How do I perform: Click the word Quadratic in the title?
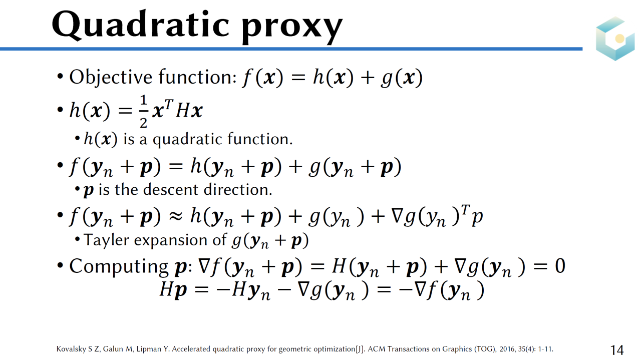[141, 25]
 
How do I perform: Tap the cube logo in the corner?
[615, 39]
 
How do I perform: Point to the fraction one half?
[144, 112]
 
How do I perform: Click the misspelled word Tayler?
[106, 240]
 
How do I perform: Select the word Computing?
[119, 267]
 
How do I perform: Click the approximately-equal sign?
[175, 217]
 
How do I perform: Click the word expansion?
[171, 240]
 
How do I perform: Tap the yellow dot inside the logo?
[620, 39]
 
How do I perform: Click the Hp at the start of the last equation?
[173, 289]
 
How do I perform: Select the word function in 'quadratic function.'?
[260, 139]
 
